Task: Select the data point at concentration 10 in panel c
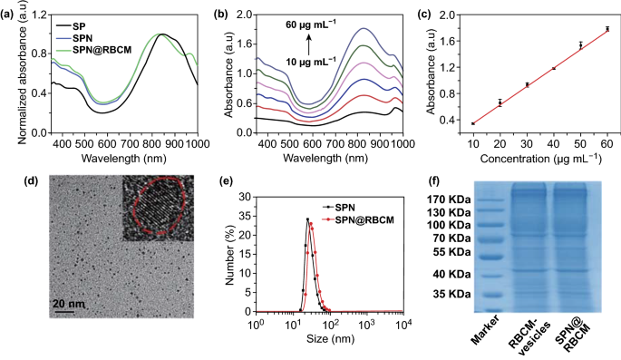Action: pyautogui.click(x=473, y=123)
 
